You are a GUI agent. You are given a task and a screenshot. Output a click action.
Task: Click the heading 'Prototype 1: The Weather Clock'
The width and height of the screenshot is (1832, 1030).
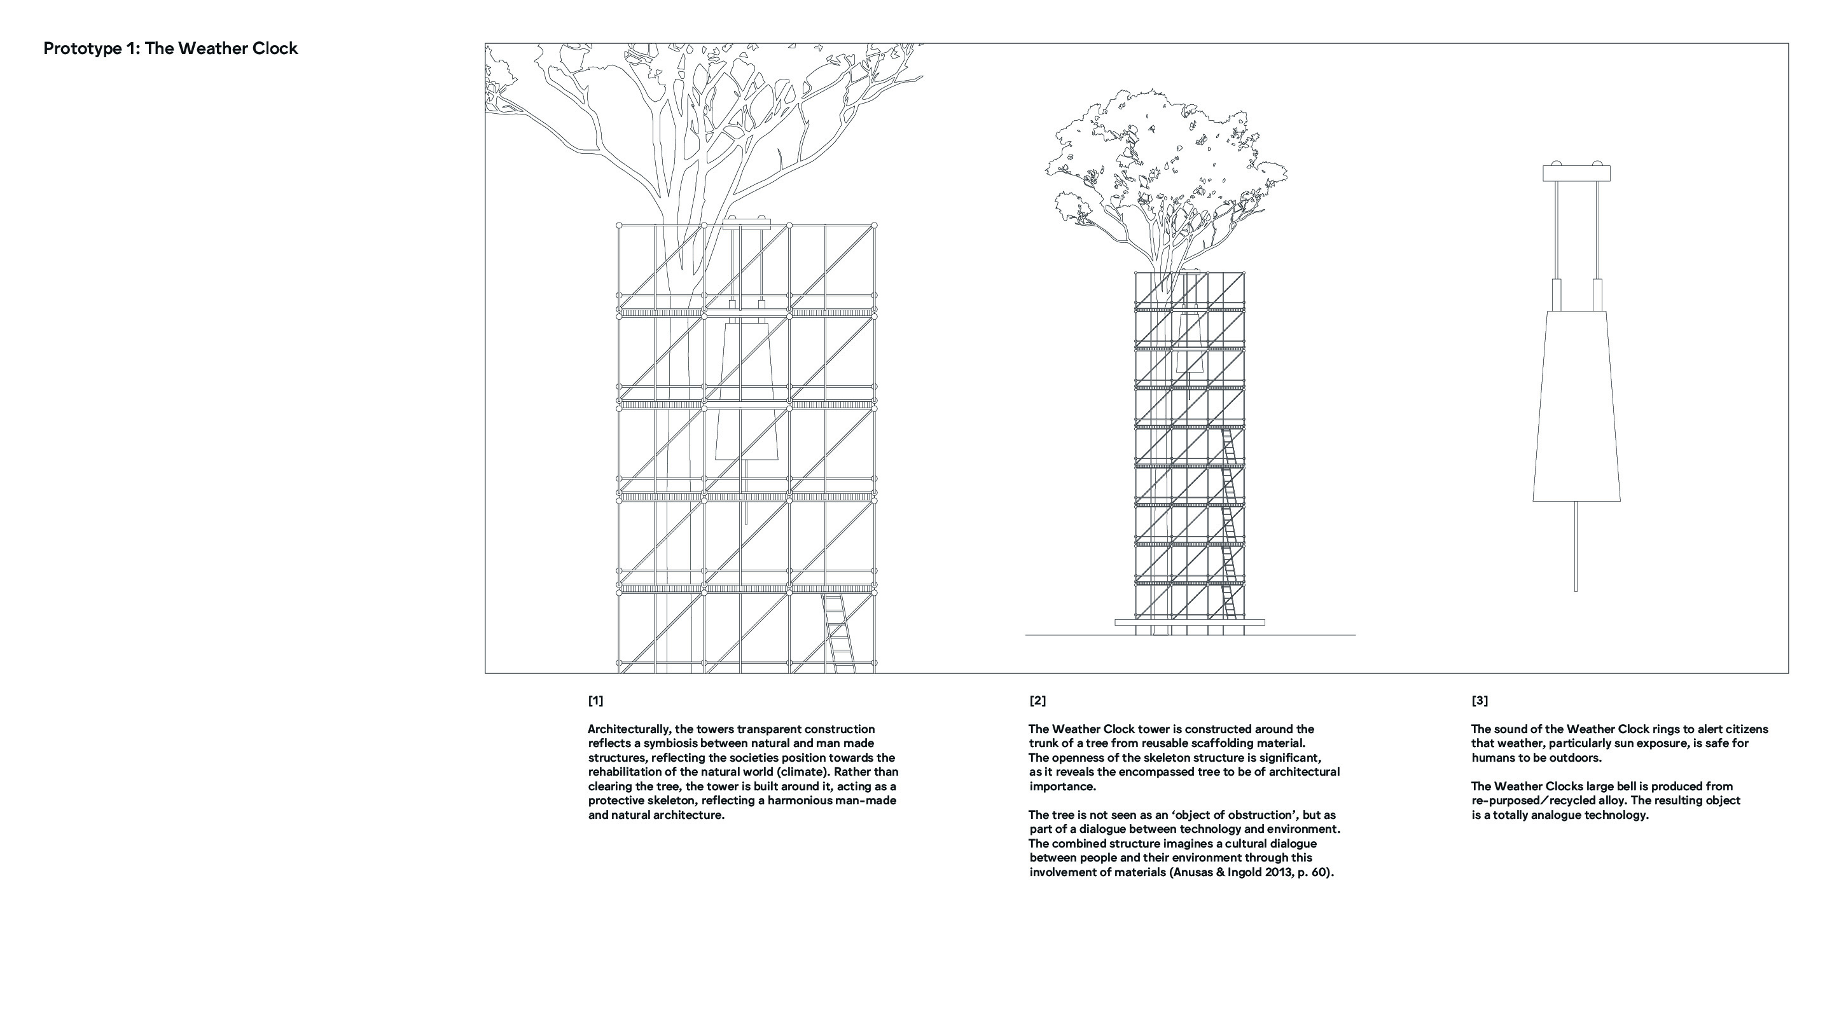tap(170, 48)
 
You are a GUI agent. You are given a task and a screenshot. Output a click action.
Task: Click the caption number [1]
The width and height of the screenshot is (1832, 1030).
tap(595, 701)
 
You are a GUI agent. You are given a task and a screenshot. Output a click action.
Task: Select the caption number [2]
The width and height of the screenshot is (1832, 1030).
tap(1037, 701)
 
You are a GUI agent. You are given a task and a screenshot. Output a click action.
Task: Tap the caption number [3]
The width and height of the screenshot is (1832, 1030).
tap(1479, 701)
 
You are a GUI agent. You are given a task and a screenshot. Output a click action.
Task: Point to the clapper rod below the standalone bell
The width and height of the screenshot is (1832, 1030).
tap(1576, 547)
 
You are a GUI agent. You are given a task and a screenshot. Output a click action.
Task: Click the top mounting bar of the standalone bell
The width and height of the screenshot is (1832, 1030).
tap(1576, 173)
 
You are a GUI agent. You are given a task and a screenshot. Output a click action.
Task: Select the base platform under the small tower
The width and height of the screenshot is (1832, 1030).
tap(1189, 622)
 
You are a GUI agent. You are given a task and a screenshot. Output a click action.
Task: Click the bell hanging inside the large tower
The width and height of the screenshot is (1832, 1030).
tap(746, 391)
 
